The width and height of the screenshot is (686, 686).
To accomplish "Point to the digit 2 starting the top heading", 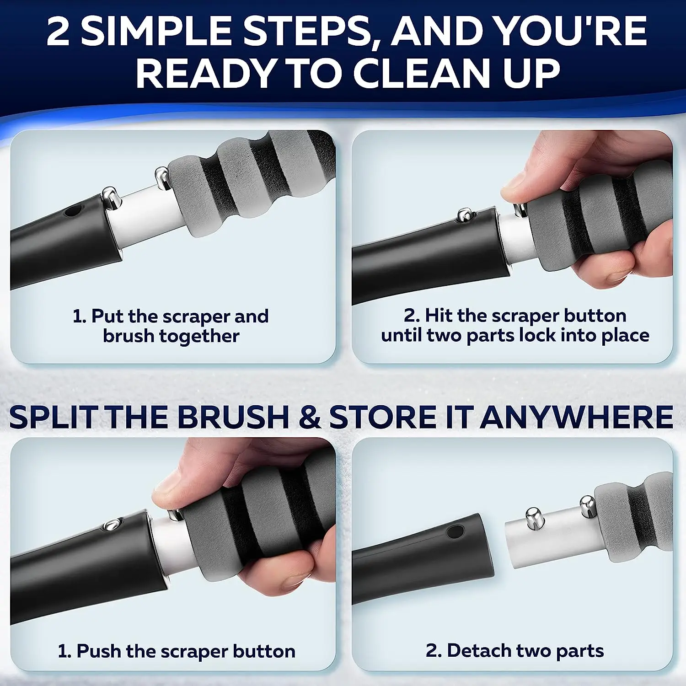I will pyautogui.click(x=58, y=31).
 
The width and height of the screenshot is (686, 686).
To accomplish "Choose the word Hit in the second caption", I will pyautogui.click(x=439, y=316).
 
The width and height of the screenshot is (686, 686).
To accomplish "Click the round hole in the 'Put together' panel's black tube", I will pyautogui.click(x=72, y=212).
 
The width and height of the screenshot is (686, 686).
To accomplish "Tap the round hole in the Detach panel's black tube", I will pyautogui.click(x=454, y=531).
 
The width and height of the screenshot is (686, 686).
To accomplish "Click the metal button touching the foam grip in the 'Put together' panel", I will pyautogui.click(x=161, y=177).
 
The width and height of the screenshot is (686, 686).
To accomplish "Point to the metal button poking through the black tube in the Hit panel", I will pyautogui.click(x=465, y=214).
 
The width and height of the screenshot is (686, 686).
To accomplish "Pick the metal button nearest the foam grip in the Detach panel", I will pyautogui.click(x=587, y=505).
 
